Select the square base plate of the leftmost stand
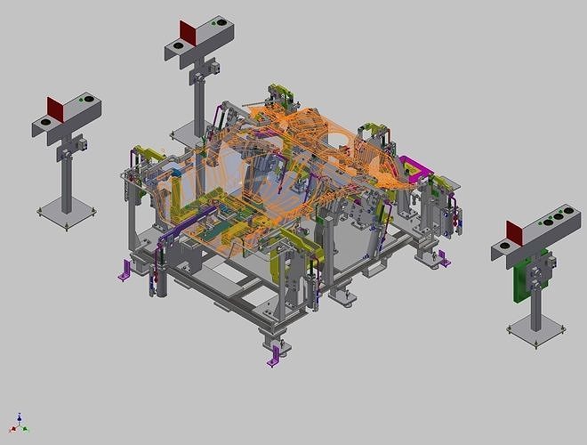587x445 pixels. click(x=67, y=213)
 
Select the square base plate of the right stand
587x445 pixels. click(x=536, y=332)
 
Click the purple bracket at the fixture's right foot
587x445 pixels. click(x=439, y=259)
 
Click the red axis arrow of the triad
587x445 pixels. click(x=13, y=429)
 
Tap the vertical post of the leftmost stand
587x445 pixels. click(x=66, y=182)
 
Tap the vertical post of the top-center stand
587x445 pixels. click(x=197, y=107)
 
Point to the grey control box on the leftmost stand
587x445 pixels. click(x=78, y=142)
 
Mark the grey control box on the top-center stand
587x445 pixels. click(x=213, y=67)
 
